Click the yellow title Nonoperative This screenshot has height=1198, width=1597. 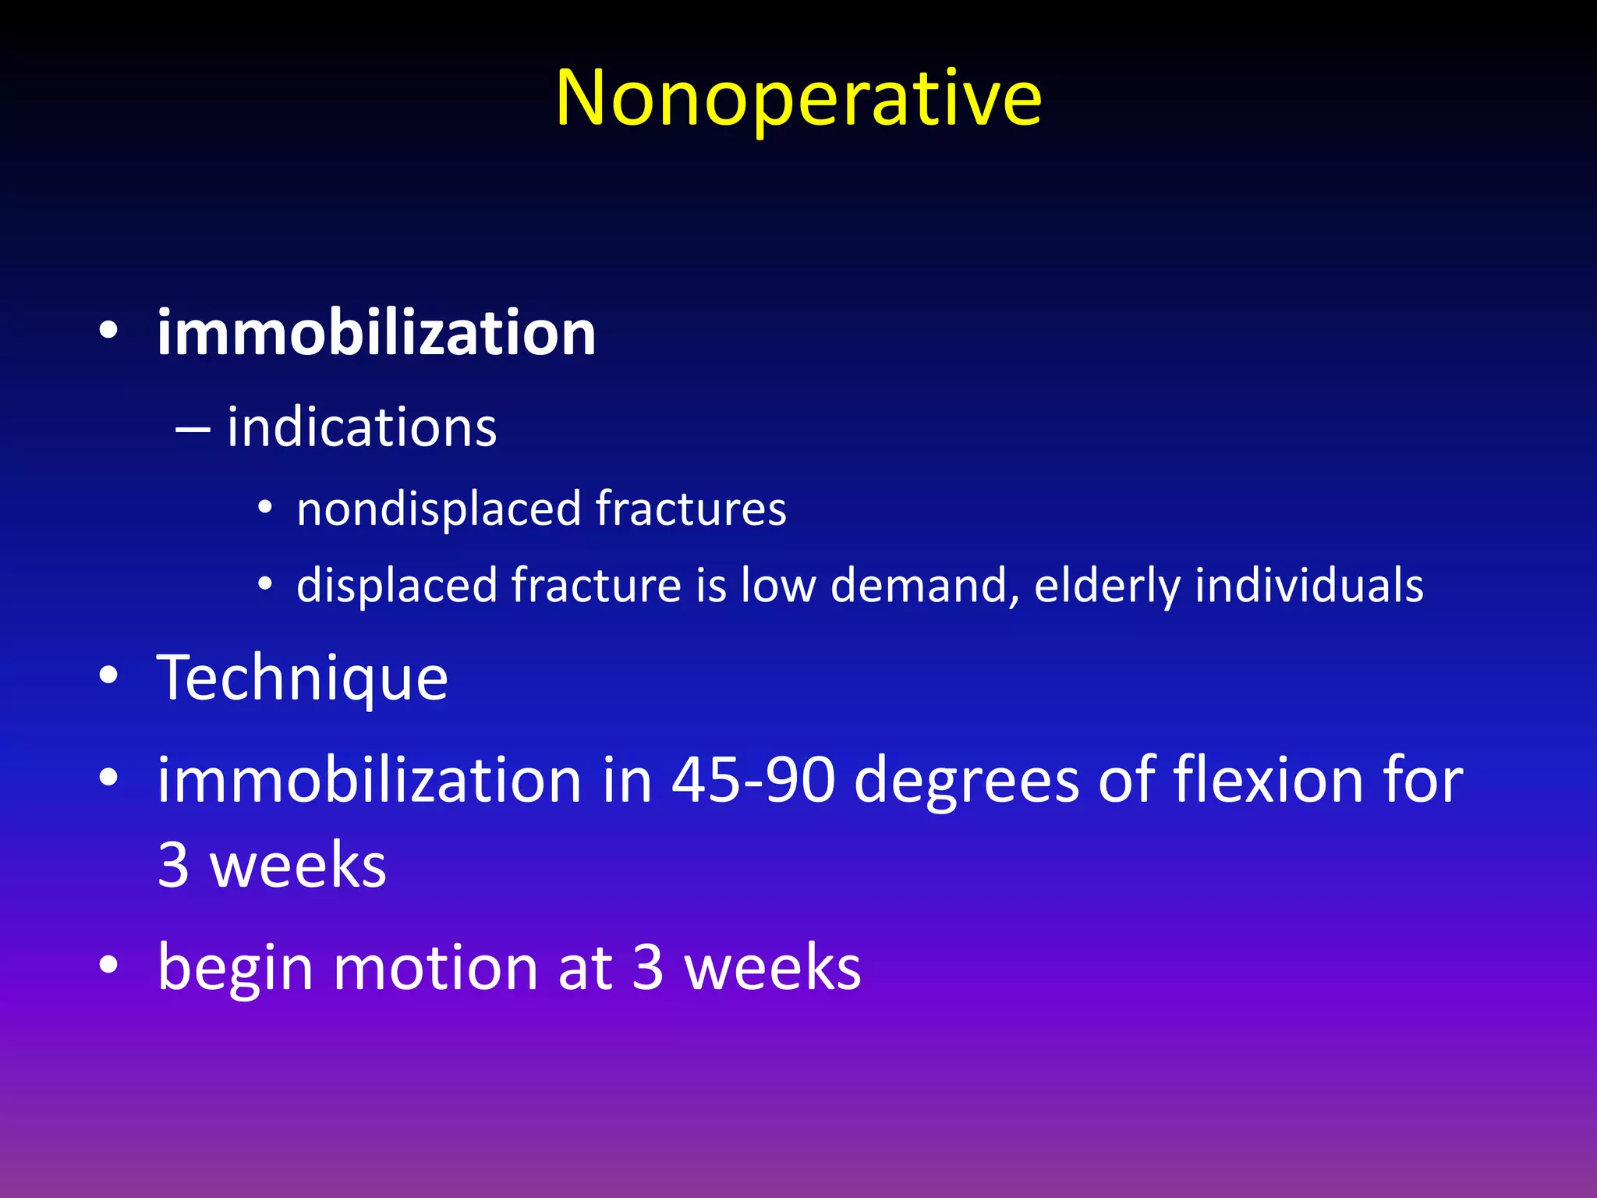coord(798,98)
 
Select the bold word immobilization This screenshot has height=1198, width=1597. coord(377,333)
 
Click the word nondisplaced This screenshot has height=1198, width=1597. coord(439,509)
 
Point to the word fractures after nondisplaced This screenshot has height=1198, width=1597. coord(691,509)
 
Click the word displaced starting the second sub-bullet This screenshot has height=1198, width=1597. coord(396,585)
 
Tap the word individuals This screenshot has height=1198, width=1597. coord(1309,585)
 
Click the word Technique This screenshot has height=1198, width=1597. coord(303,679)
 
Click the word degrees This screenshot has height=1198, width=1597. coord(967,782)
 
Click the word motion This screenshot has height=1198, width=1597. coord(434,967)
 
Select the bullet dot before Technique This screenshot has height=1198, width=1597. coord(109,677)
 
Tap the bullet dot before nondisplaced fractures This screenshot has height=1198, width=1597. coord(265,509)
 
